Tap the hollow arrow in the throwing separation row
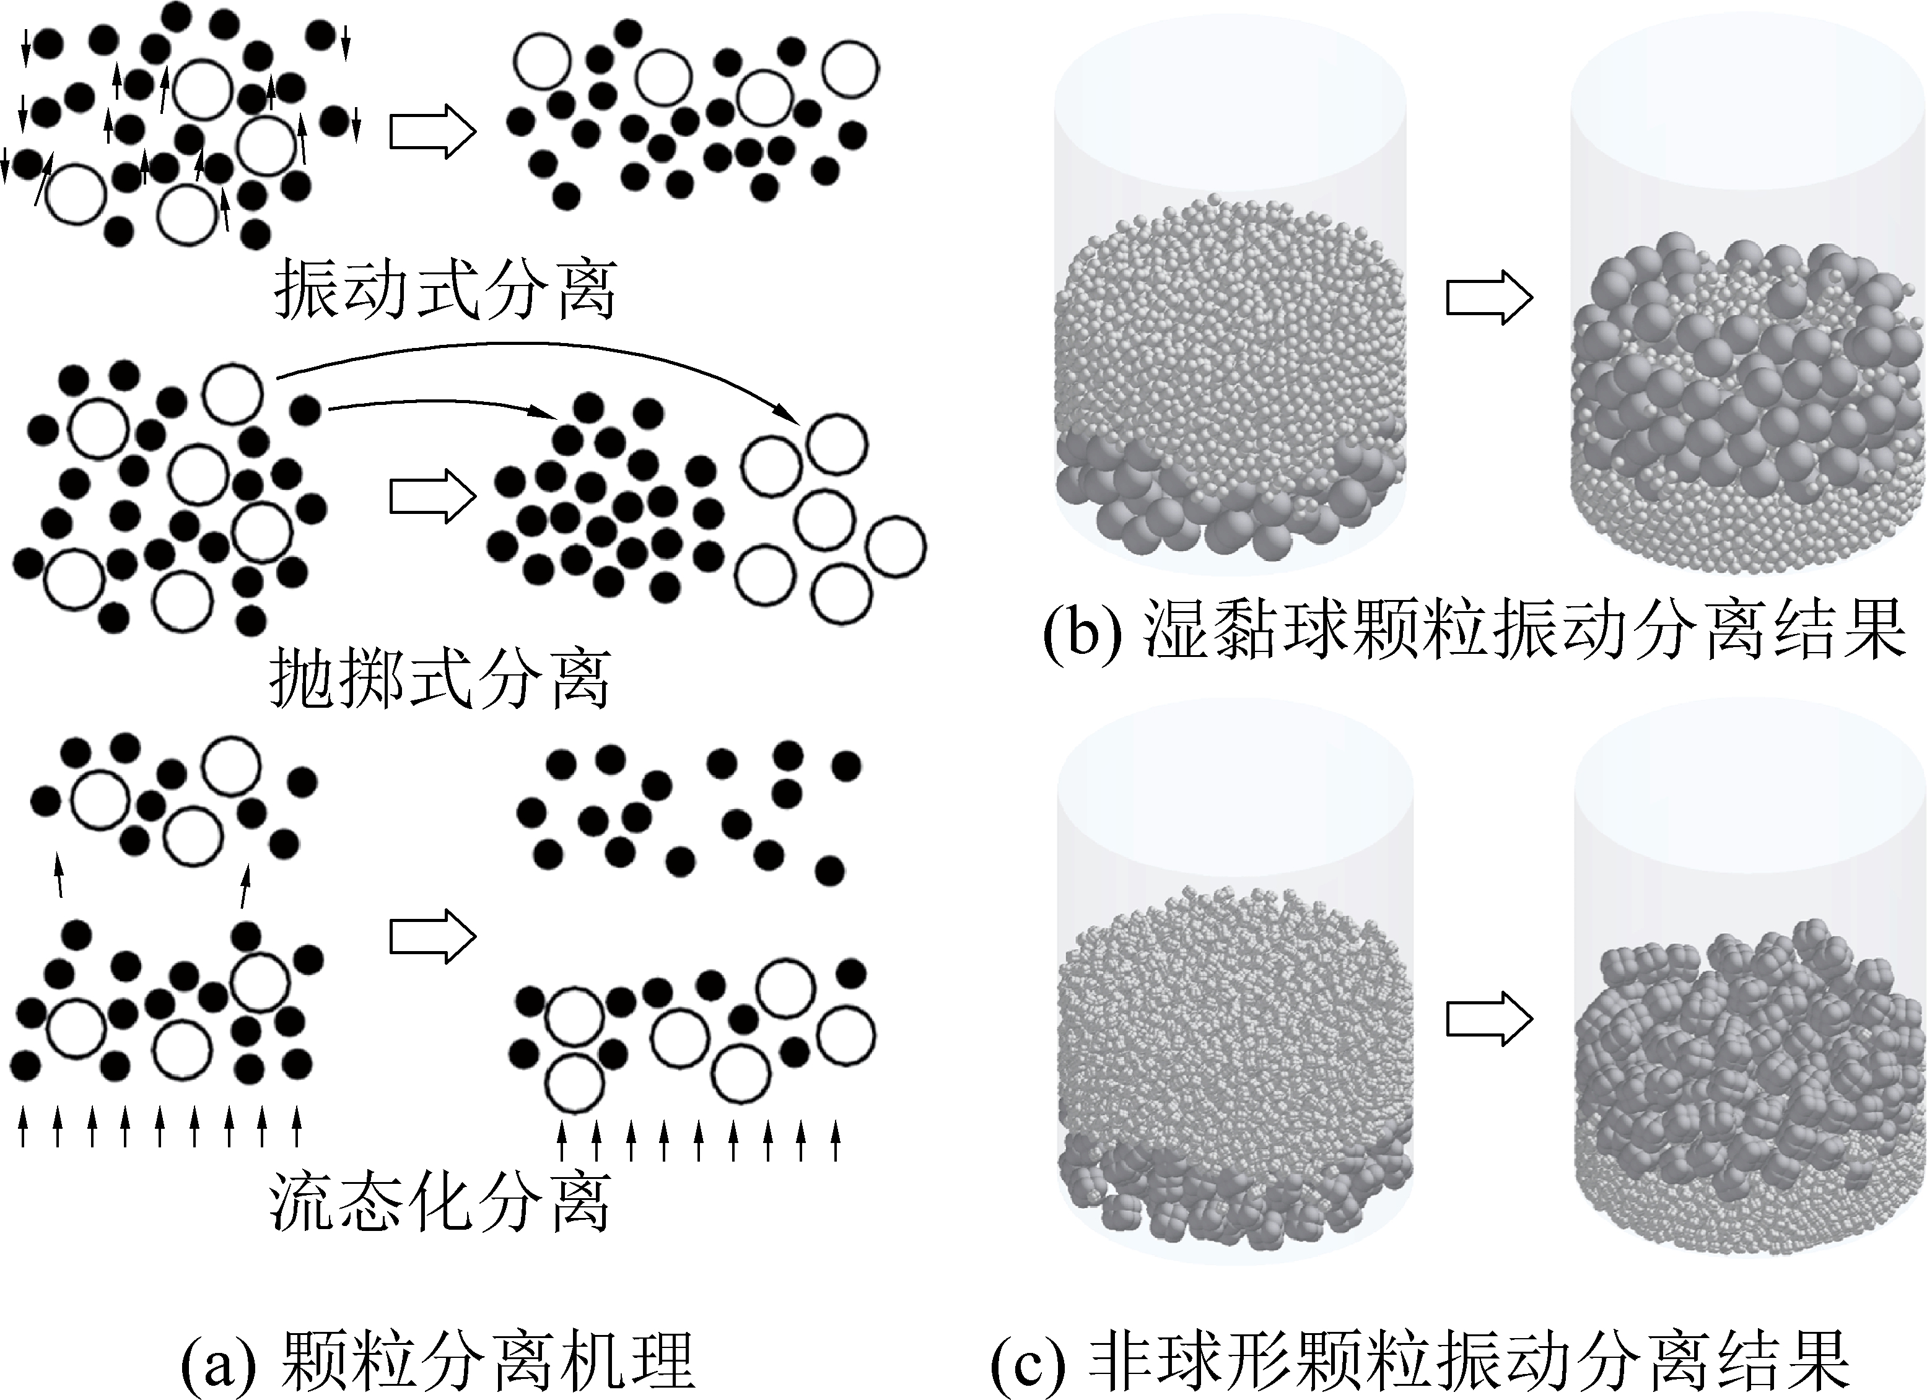432,497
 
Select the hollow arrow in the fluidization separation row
432,937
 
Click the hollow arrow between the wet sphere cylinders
1488,297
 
